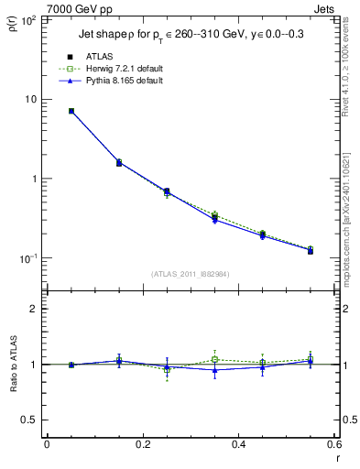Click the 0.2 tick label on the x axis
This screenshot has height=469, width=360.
[x=142, y=444]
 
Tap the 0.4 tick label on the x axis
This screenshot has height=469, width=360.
[x=238, y=444]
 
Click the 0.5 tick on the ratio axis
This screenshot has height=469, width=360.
[x=31, y=420]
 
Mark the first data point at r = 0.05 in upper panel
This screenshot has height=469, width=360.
[x=71, y=111]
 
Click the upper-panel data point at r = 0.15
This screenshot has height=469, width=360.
[x=119, y=163]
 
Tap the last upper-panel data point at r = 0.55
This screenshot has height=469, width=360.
[x=311, y=250]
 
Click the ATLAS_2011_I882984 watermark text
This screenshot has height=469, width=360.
[x=190, y=273]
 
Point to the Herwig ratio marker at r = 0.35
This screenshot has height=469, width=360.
[x=214, y=359]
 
